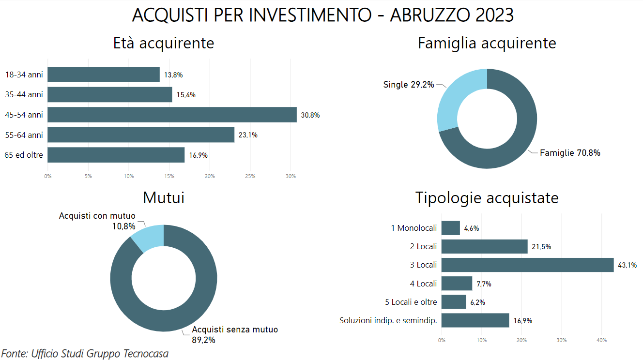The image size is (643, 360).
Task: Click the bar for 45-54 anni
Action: [x=172, y=115]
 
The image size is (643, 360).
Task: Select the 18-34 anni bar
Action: [x=104, y=75]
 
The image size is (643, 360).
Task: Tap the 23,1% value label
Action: [x=248, y=135]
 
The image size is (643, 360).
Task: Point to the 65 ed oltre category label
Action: [x=24, y=155]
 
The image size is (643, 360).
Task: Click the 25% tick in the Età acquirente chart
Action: [x=250, y=177]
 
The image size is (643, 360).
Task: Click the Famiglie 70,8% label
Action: [x=570, y=153]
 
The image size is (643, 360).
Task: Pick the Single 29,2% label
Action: [x=408, y=85]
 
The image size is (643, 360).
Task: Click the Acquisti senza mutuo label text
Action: [x=235, y=330]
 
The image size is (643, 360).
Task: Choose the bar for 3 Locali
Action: [x=527, y=265]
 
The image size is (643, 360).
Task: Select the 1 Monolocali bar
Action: [x=450, y=228]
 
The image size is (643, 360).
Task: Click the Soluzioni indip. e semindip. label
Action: [x=388, y=320]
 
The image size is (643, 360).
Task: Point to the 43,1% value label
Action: [x=627, y=265]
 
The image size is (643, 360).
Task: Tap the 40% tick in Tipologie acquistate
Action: [x=601, y=341]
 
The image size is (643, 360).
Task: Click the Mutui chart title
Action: [x=164, y=197]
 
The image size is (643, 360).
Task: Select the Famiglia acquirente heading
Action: [x=487, y=43]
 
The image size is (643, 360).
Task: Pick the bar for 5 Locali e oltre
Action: [x=454, y=302]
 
